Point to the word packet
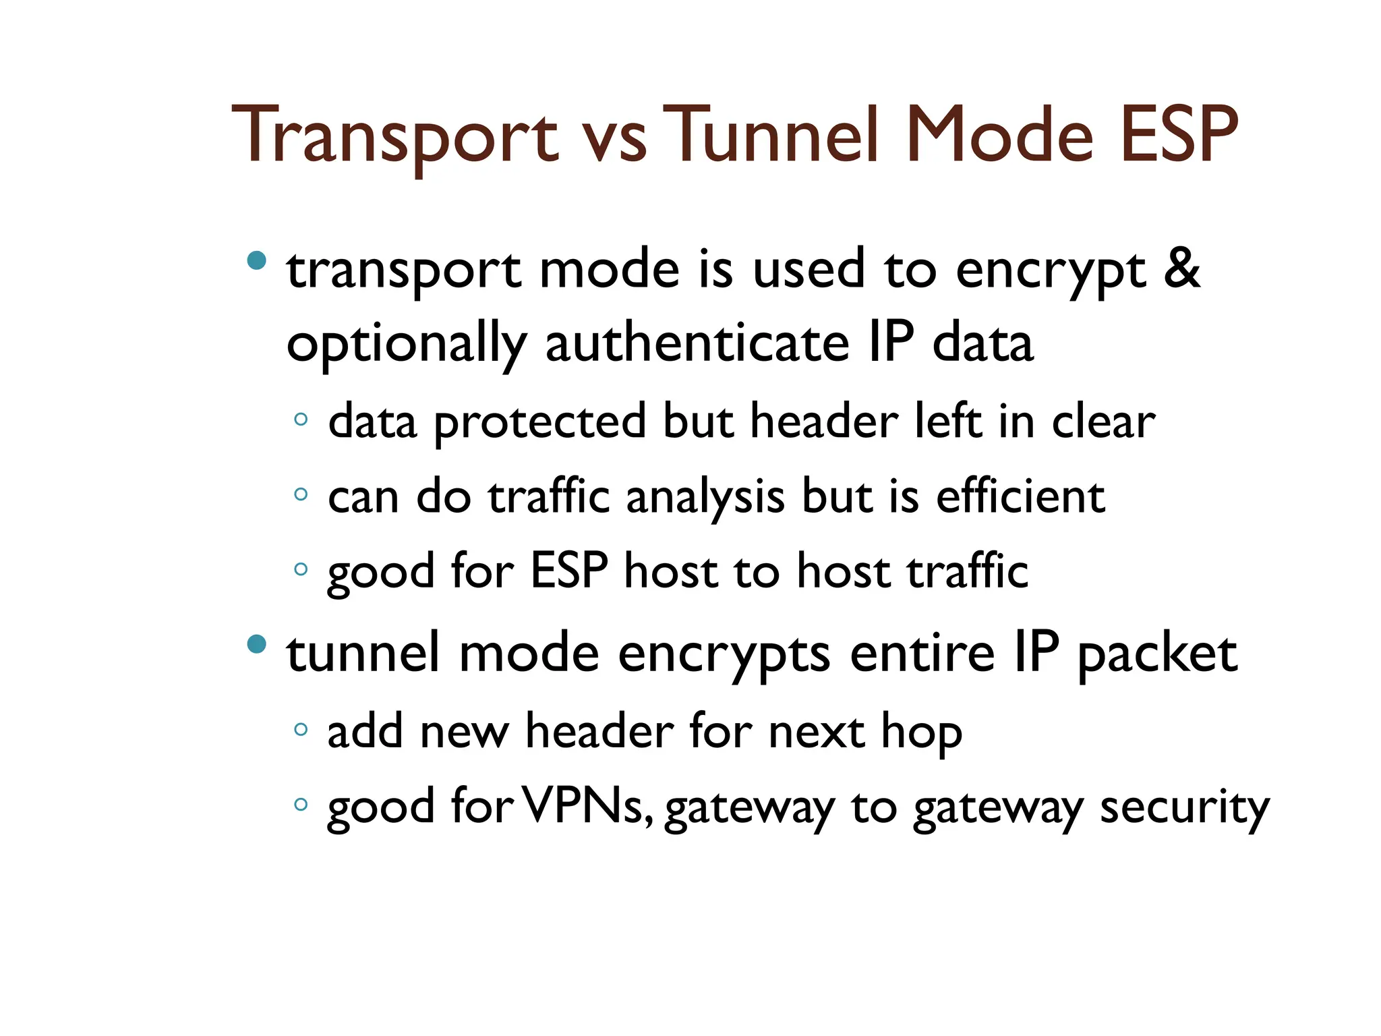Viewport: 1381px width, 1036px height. pos(1157,654)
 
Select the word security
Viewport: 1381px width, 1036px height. pos(1184,808)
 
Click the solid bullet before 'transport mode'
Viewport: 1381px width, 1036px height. pos(257,260)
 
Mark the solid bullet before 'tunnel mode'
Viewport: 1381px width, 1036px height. pos(257,644)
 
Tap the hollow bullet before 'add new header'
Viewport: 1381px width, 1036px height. pos(301,729)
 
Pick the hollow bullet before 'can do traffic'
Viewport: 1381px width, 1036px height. pos(301,494)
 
